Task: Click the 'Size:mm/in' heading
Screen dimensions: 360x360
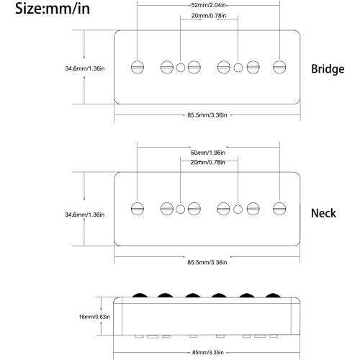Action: coord(53,9)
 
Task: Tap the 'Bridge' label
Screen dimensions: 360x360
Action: coord(328,69)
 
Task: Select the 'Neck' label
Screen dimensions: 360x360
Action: coord(323,213)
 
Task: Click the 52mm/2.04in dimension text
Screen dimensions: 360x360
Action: coord(208,5)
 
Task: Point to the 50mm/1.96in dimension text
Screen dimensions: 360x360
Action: coord(208,153)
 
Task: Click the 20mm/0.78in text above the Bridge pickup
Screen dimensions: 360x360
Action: coord(209,16)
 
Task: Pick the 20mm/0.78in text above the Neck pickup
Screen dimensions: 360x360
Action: coord(208,163)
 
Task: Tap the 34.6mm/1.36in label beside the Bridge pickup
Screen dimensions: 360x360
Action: coord(85,68)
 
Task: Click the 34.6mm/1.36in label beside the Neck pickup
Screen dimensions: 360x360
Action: coord(85,215)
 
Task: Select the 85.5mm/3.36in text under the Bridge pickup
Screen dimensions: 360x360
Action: coord(207,115)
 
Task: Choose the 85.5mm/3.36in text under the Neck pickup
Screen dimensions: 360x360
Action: coord(207,262)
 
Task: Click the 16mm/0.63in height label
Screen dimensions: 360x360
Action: coord(94,317)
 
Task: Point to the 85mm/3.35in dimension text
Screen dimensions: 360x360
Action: coord(208,353)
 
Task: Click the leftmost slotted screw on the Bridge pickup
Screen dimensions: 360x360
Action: coord(138,67)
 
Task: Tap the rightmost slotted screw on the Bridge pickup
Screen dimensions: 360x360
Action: coord(279,67)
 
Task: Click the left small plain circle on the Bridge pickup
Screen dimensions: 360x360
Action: coord(181,68)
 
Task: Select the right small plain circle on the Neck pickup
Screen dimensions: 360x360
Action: coord(238,209)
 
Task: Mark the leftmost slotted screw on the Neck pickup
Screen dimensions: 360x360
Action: coord(138,209)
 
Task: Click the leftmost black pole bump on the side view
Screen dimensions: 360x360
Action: coord(140,295)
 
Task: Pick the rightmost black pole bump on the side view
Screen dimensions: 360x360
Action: coord(273,295)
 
